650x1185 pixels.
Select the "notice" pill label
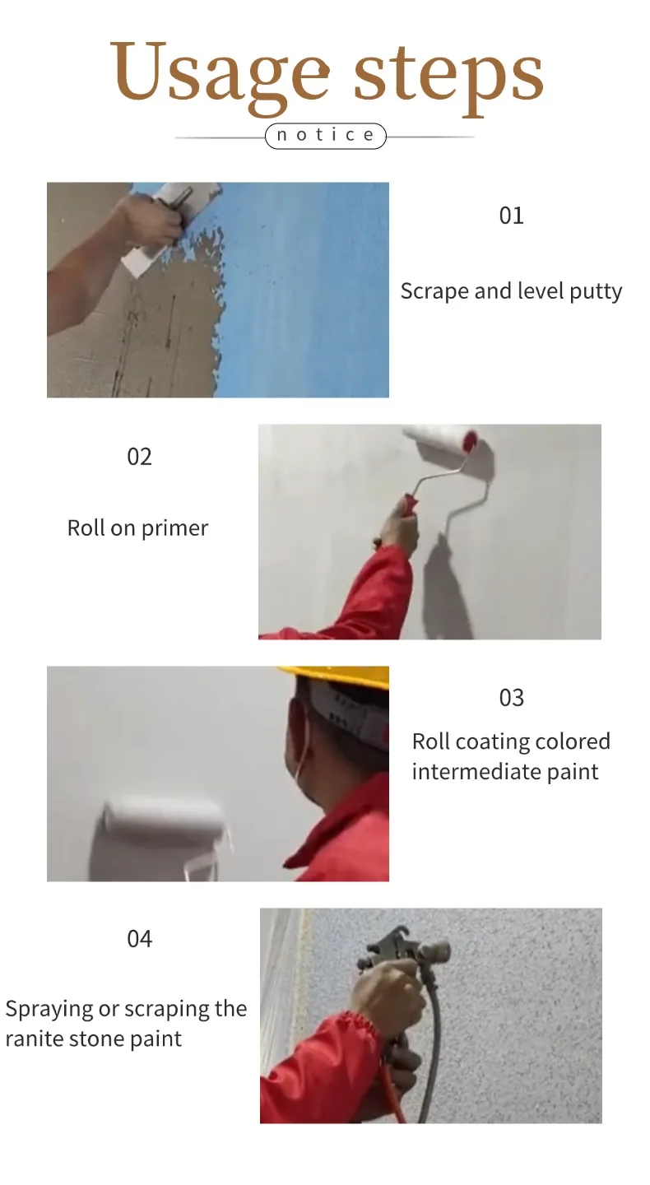click(x=325, y=136)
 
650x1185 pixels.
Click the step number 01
click(x=511, y=216)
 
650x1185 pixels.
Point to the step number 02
click(x=139, y=457)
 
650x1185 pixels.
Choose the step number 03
click(x=512, y=698)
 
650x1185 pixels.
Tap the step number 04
click(x=139, y=939)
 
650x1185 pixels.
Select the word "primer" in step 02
click(x=174, y=529)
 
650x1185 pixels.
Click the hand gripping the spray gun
click(x=389, y=990)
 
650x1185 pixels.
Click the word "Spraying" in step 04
click(x=49, y=1010)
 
